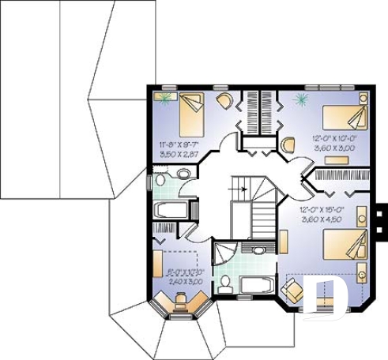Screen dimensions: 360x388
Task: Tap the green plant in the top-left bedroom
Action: tap(165, 97)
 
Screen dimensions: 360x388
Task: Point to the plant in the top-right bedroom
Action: tap(300, 99)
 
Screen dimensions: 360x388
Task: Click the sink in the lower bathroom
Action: tap(258, 250)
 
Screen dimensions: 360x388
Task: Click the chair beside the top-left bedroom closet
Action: tap(224, 100)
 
